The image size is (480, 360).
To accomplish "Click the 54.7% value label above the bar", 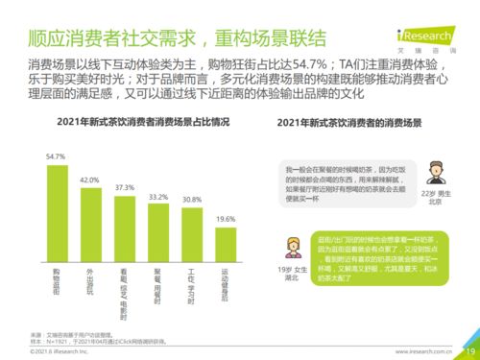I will tap(56, 156).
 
